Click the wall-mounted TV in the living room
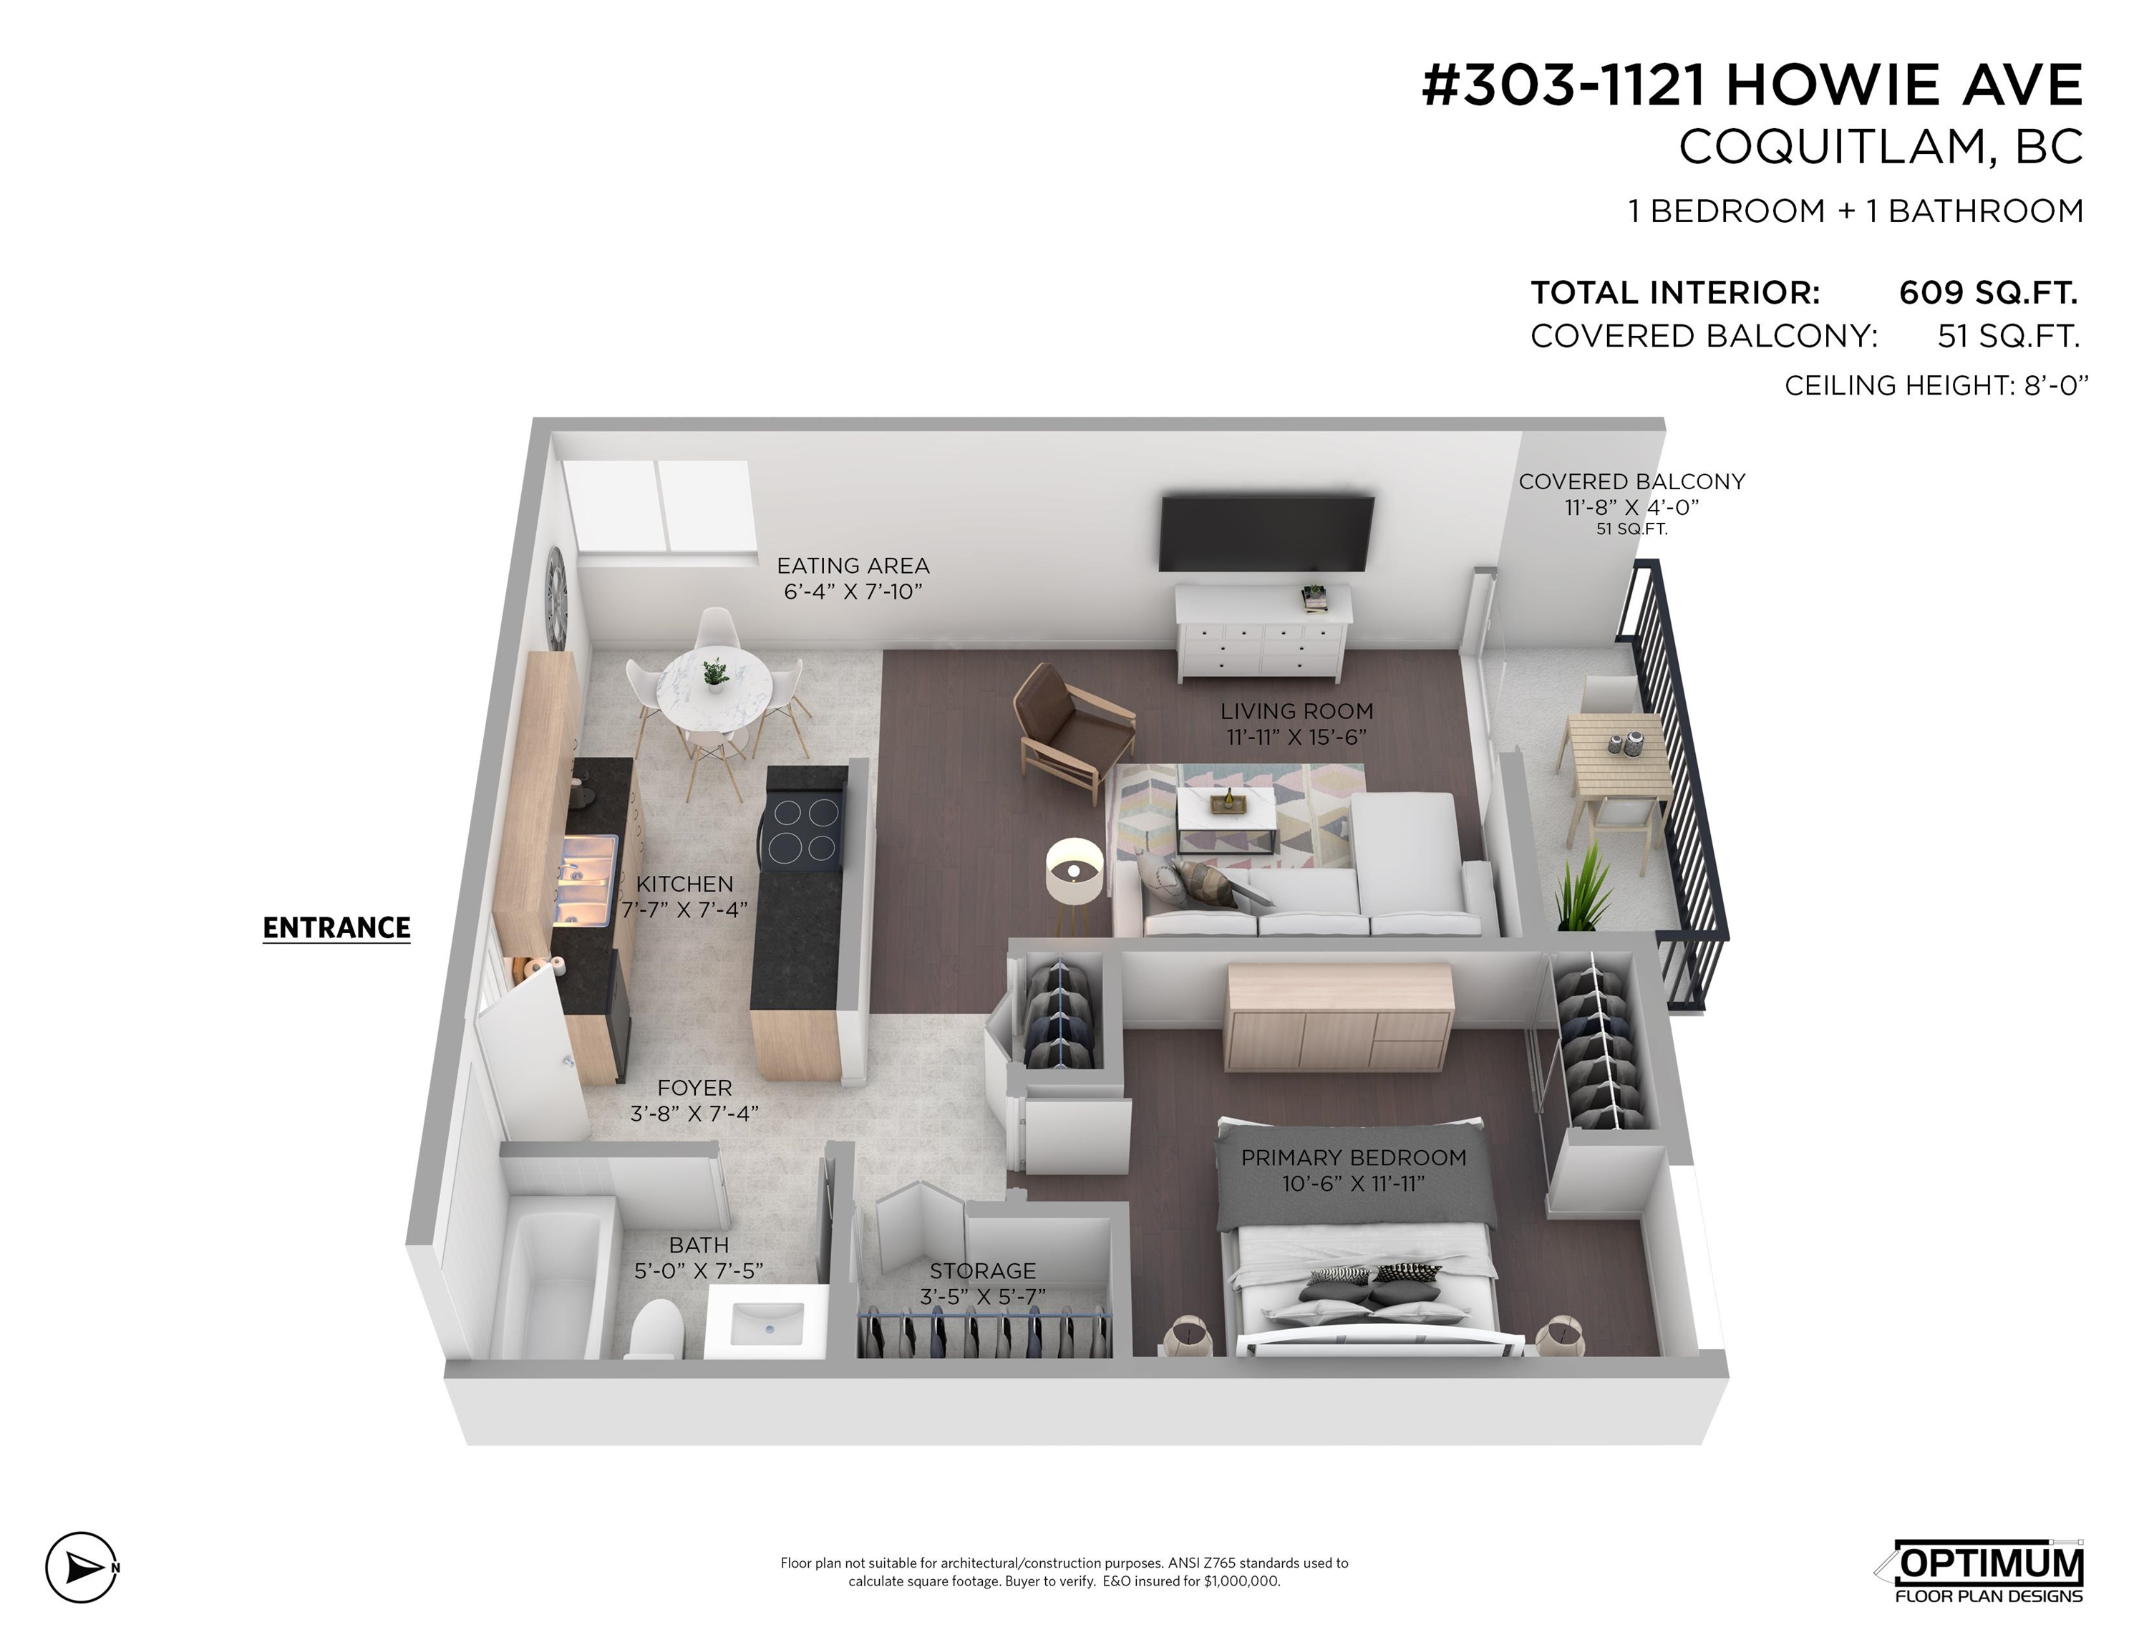coord(1266,533)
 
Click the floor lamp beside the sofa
coord(1074,879)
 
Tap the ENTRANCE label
coord(337,927)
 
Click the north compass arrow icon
coord(82,1567)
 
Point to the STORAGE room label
coord(982,1270)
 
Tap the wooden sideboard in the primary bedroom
coord(1339,1017)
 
